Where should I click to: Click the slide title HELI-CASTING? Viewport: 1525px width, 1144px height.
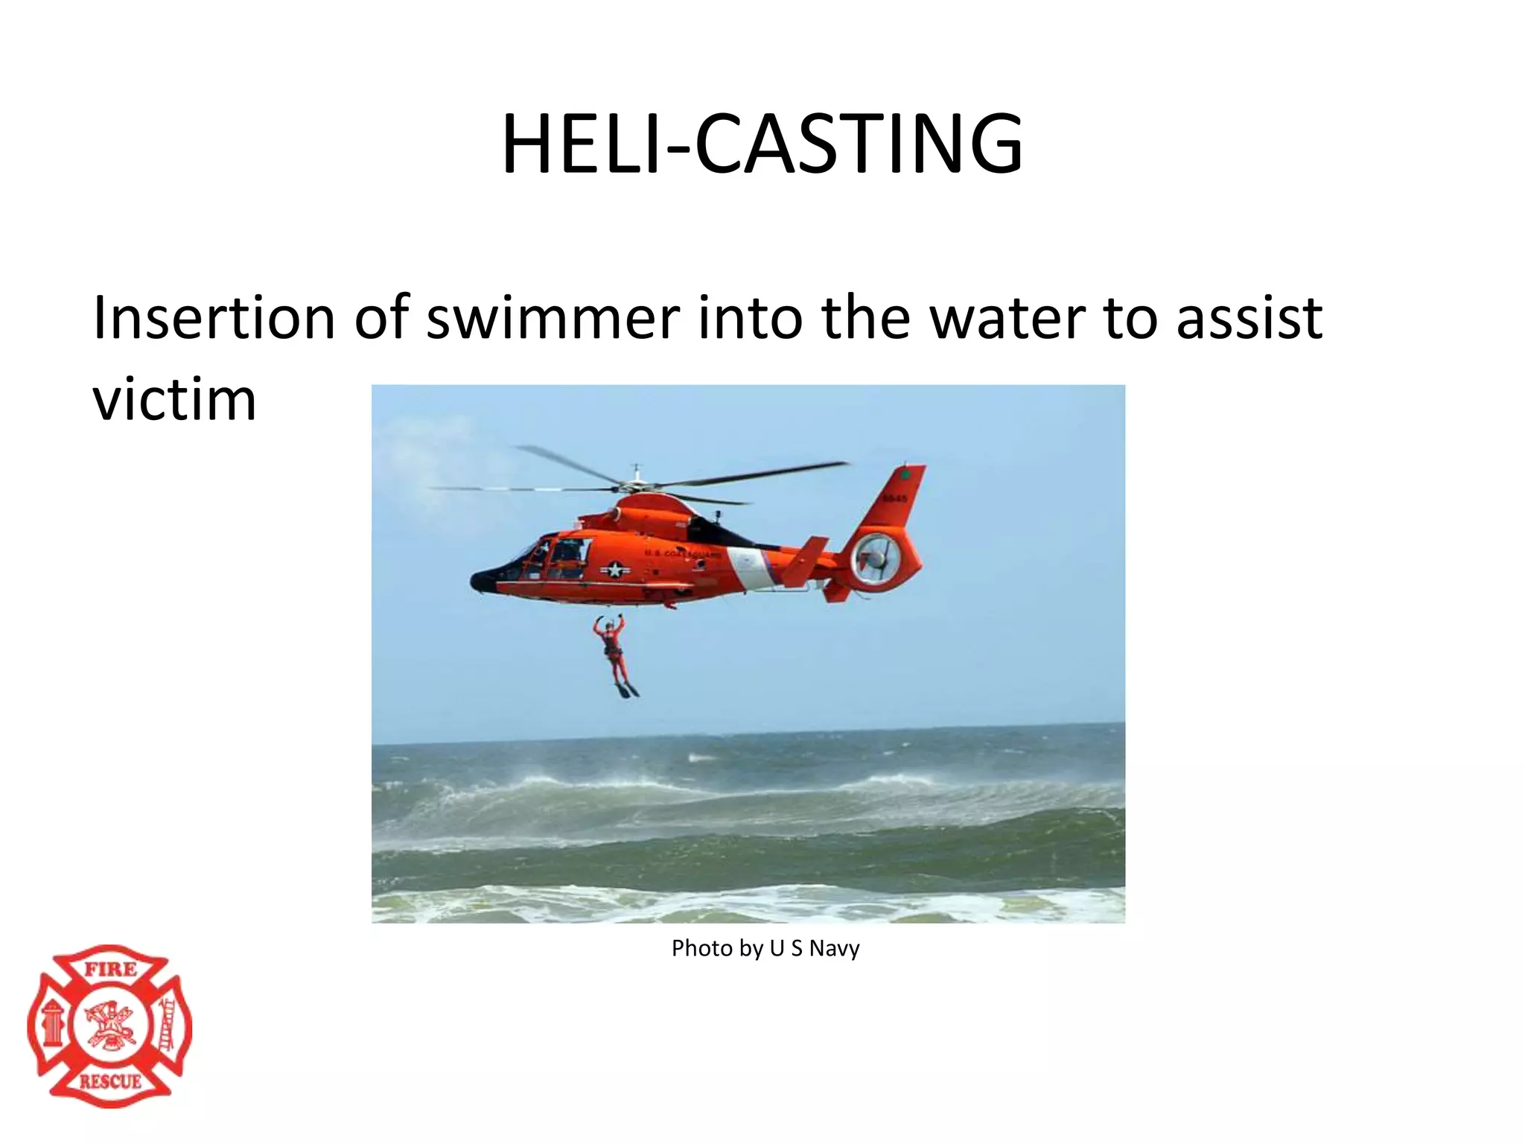(x=762, y=144)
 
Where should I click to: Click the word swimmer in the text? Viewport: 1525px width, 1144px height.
(x=553, y=317)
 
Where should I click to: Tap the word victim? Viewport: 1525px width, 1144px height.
(x=174, y=400)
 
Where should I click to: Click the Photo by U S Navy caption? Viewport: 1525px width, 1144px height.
(x=765, y=948)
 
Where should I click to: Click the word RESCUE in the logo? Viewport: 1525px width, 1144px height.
(x=110, y=1081)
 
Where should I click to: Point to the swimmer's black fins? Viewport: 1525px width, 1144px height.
(x=627, y=691)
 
